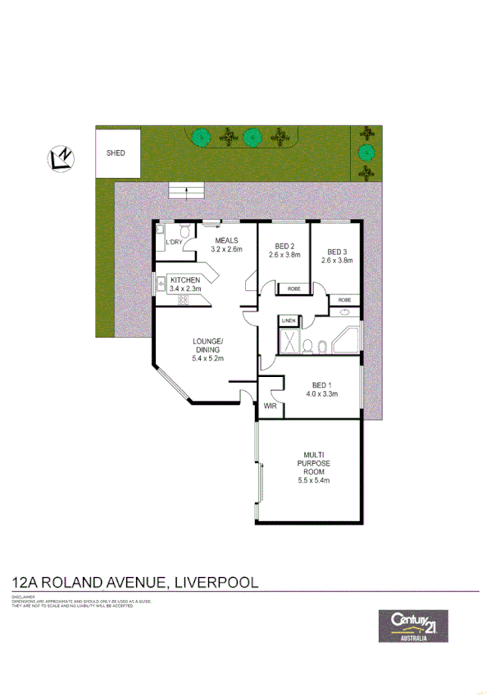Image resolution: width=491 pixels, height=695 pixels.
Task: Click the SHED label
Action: coord(116,152)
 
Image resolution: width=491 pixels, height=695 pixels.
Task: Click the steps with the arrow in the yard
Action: coord(186,192)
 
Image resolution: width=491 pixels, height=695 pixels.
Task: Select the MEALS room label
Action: coord(227,240)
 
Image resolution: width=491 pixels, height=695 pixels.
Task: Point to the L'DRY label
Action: coord(174,243)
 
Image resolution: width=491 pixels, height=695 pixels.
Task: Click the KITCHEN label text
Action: coord(185,280)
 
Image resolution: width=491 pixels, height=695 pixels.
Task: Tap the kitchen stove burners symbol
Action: coord(183,300)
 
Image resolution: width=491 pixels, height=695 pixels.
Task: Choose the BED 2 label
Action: coord(284,246)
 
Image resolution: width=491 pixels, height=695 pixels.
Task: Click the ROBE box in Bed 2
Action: coord(292,288)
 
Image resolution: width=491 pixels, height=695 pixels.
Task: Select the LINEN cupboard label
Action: coord(289,320)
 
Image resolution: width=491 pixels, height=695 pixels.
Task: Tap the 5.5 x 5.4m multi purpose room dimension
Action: coord(313,481)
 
